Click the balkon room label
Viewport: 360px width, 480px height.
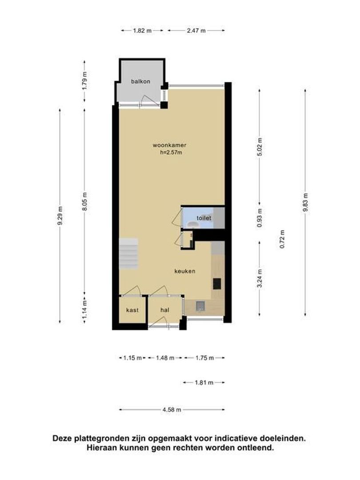pyautogui.click(x=140, y=81)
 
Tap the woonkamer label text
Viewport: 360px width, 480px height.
pyautogui.click(x=170, y=145)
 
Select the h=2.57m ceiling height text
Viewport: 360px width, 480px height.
pyautogui.click(x=171, y=152)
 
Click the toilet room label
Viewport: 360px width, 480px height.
pyautogui.click(x=204, y=218)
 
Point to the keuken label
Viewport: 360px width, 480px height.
pyautogui.click(x=185, y=271)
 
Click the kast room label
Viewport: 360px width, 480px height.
pyautogui.click(x=132, y=310)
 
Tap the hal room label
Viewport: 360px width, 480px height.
pyautogui.click(x=165, y=310)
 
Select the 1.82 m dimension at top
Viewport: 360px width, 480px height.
pyautogui.click(x=142, y=31)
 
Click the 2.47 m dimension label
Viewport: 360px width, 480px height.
pyautogui.click(x=196, y=31)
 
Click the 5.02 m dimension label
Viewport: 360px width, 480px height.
pyautogui.click(x=260, y=147)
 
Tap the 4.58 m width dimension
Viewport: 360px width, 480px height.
pyautogui.click(x=172, y=410)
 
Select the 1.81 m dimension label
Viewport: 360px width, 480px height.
pyautogui.click(x=204, y=383)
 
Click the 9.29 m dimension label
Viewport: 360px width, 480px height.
pyautogui.click(x=60, y=216)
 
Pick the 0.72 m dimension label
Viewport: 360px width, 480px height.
pyautogui.click(x=282, y=239)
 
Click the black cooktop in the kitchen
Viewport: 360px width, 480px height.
pyautogui.click(x=217, y=284)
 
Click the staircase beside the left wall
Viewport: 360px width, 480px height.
pyautogui.click(x=128, y=254)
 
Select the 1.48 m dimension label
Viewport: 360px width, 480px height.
pyautogui.click(x=165, y=358)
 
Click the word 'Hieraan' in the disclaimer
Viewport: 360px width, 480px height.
pyautogui.click(x=101, y=448)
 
